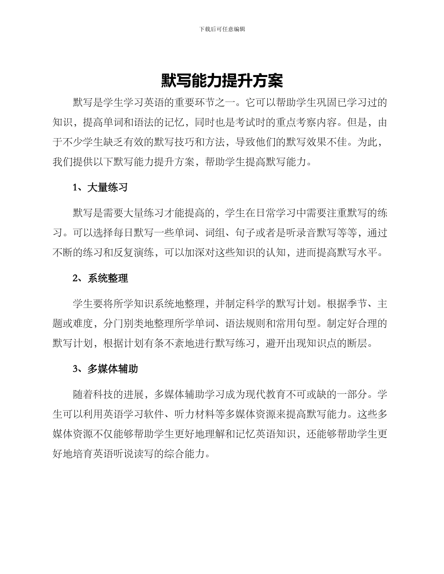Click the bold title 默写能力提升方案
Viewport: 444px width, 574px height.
point(222,81)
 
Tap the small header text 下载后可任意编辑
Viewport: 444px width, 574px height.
point(222,29)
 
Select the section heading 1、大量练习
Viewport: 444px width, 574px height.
point(100,188)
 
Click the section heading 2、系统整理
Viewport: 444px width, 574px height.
point(100,279)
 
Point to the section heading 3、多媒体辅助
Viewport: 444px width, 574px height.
point(105,369)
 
